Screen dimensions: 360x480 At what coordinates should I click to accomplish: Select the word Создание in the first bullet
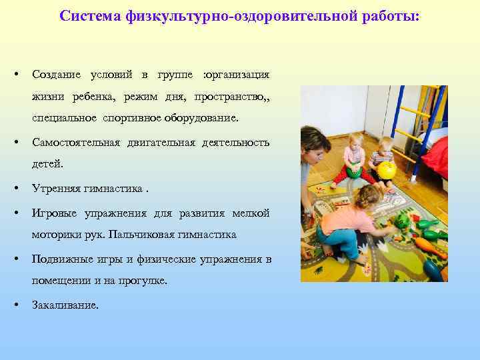(x=56, y=74)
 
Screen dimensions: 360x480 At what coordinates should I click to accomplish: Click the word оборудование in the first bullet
(x=203, y=118)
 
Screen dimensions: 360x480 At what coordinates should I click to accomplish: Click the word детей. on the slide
(x=46, y=164)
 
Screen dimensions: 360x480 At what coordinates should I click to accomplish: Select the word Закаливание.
(x=65, y=305)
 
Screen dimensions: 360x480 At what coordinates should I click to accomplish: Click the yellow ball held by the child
(x=387, y=170)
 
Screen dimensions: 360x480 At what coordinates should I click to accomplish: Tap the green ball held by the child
(x=353, y=173)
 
